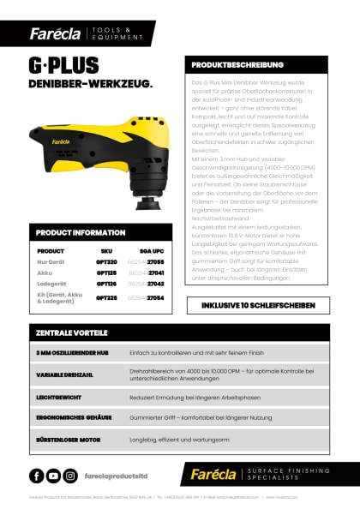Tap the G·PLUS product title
tap(64, 65)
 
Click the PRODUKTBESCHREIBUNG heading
tap(231, 64)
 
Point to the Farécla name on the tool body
tap(69, 135)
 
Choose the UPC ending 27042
tap(146, 283)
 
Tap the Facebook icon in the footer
tap(37, 476)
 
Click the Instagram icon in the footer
tap(70, 476)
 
